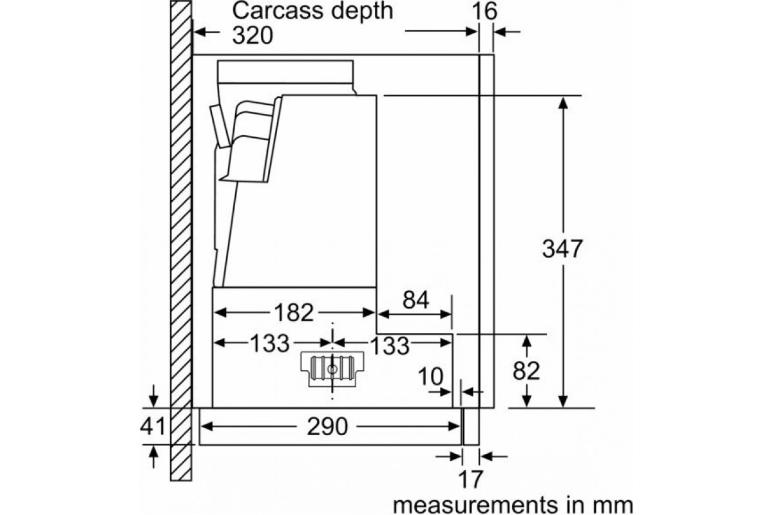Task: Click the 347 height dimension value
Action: coord(562,248)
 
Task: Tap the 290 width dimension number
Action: coord(327,427)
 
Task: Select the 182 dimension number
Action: coord(294,313)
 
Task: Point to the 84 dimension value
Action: coord(416,300)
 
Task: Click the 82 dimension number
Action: coord(526,371)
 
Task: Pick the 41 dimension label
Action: coord(153,426)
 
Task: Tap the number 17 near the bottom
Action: coord(470,479)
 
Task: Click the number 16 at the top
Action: coord(484,11)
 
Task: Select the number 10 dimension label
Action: coord(430,376)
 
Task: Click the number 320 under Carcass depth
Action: coord(253,35)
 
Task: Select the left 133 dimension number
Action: coord(269,343)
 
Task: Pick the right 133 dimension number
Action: coord(390,345)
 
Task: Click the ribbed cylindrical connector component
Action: coord(332,369)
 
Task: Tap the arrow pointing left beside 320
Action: coord(207,32)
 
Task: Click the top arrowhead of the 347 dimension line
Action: coord(563,103)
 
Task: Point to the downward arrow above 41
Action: coord(153,396)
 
